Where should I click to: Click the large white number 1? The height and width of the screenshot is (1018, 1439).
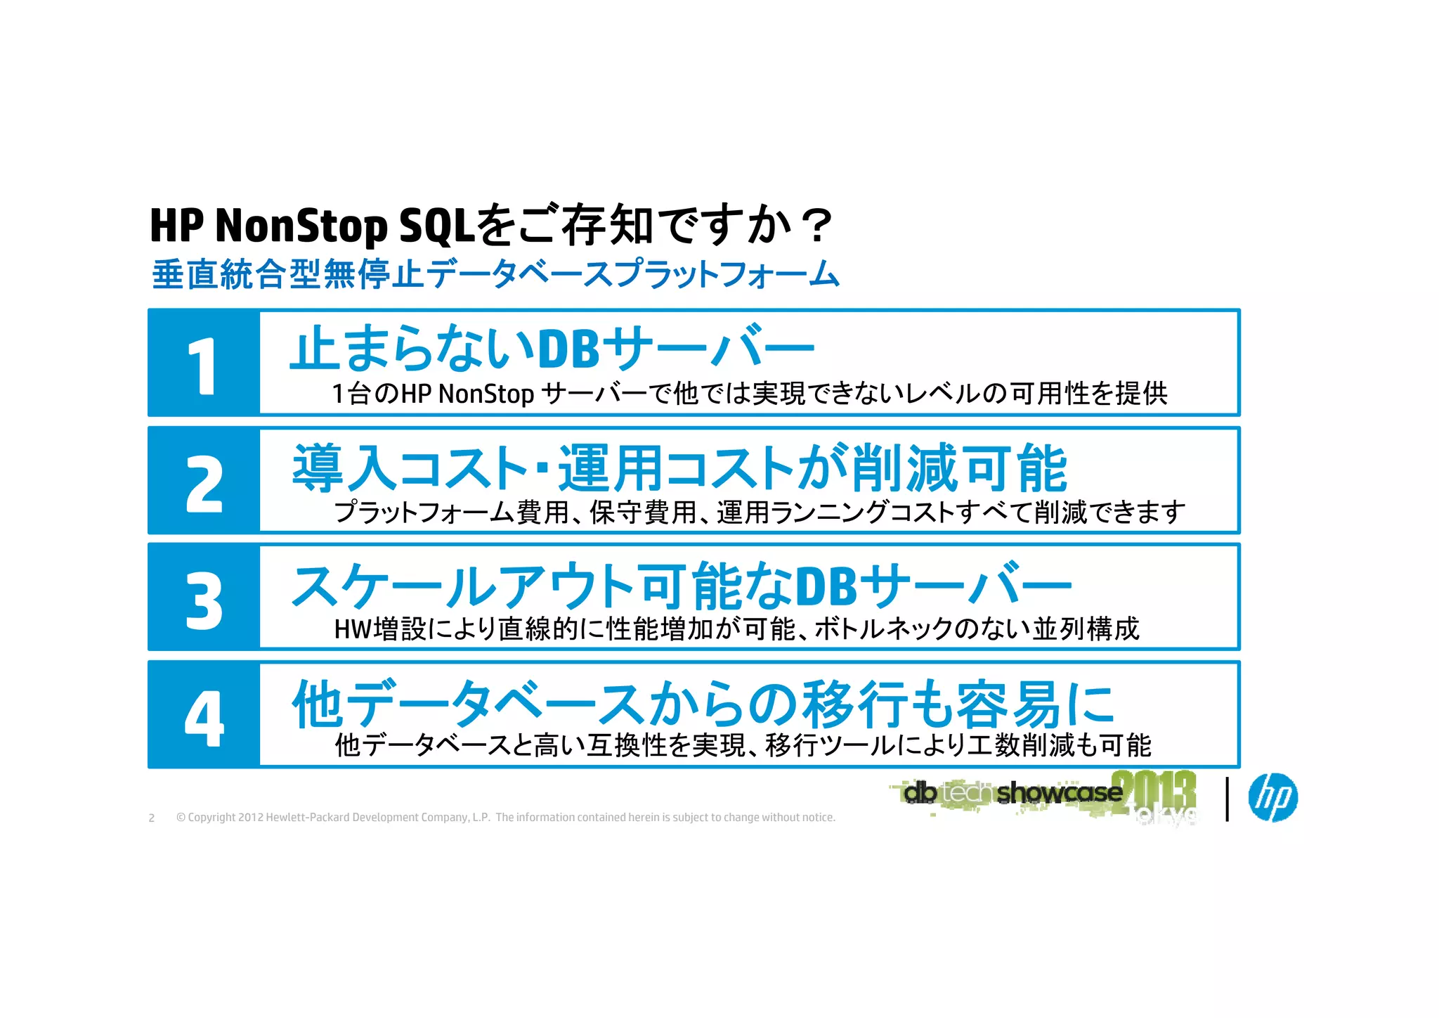click(203, 366)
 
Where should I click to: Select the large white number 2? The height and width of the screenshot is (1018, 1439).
click(204, 483)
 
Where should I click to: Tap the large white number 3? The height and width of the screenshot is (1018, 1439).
click(204, 600)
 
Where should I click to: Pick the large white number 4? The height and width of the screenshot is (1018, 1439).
click(204, 718)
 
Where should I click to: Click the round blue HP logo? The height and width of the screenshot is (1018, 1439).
click(1272, 798)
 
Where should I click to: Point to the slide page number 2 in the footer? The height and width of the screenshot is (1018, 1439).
click(151, 818)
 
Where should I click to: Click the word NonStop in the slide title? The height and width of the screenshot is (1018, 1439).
click(301, 226)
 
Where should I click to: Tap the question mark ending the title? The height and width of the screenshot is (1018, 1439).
click(816, 226)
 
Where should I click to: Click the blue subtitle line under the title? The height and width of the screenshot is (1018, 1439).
click(495, 274)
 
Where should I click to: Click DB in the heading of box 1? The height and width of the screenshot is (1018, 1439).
click(568, 349)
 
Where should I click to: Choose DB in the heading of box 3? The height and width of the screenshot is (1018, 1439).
click(826, 586)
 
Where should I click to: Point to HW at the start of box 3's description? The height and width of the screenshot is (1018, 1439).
click(352, 629)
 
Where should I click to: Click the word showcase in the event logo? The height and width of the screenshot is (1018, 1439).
click(1059, 793)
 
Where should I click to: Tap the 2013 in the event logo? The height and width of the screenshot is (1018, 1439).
click(1154, 791)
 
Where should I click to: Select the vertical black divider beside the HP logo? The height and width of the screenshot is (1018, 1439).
click(1227, 799)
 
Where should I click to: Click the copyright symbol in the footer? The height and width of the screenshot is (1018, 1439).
click(181, 818)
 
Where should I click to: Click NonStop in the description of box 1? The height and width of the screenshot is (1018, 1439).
click(486, 394)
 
